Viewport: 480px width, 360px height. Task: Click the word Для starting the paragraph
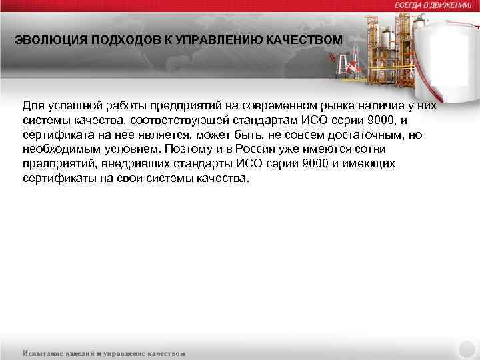33,105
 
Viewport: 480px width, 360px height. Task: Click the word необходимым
60,149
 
